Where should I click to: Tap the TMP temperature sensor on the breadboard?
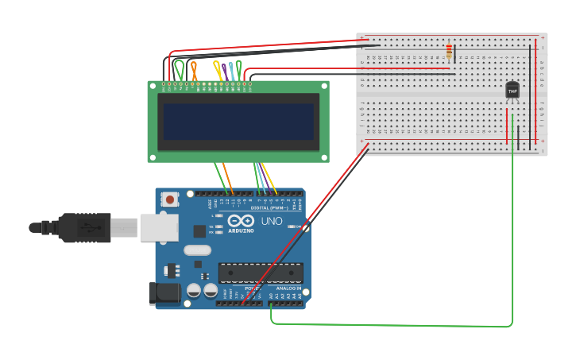(512, 91)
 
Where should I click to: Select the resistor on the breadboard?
(450, 52)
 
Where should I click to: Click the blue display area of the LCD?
(238, 122)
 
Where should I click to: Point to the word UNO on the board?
(272, 221)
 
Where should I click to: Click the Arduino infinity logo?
(240, 221)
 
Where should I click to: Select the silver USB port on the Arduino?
(159, 227)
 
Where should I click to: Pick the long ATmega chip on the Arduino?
(261, 273)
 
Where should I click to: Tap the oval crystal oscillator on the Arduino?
(197, 250)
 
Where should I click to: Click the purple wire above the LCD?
(225, 72)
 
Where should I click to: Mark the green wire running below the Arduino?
(397, 325)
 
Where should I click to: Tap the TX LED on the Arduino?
(217, 227)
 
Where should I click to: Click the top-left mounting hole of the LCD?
(153, 85)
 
